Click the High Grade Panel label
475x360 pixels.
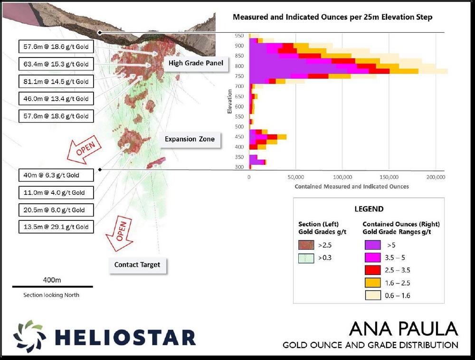[196, 63]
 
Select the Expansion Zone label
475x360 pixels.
[190, 139]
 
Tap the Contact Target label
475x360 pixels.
[137, 265]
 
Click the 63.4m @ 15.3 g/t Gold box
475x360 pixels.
[56, 64]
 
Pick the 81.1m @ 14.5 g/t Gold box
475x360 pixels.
[56, 81]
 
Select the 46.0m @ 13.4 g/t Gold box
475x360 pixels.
[56, 99]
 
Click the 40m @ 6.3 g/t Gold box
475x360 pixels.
[56, 175]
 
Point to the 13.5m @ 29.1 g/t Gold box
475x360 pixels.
[56, 227]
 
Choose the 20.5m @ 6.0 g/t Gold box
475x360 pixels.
[56, 210]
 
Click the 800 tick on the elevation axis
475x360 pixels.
[239, 66]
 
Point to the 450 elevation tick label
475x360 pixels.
[239, 137]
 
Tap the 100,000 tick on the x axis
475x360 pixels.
[342, 177]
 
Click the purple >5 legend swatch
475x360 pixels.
[372, 245]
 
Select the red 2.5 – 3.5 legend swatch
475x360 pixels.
[372, 270]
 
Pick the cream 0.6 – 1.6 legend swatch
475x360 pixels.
[372, 295]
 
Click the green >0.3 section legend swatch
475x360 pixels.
[306, 258]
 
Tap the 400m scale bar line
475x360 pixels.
[52, 286]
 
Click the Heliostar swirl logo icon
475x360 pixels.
[29, 336]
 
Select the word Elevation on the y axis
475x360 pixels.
[229, 102]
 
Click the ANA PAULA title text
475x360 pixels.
[403, 329]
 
